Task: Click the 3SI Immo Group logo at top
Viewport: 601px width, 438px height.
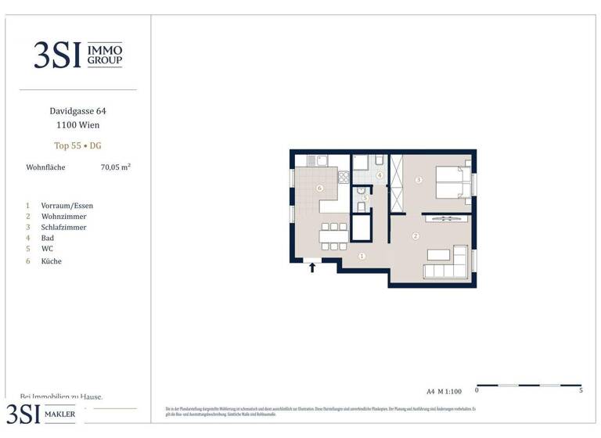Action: [77, 55]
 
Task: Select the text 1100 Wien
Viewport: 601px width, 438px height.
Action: [77, 125]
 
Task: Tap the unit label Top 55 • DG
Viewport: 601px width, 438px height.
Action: [77, 145]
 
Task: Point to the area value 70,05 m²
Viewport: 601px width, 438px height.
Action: [115, 167]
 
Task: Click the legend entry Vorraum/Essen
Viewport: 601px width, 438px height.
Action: [67, 206]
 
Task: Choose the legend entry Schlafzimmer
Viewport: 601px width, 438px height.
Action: [63, 228]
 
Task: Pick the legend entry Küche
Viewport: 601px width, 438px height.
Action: [51, 261]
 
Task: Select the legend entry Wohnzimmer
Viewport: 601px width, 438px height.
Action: [63, 217]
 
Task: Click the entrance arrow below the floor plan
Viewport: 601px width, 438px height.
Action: [312, 267]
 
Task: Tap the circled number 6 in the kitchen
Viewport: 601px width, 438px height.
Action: [319, 188]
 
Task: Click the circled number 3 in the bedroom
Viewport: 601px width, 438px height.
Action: [419, 181]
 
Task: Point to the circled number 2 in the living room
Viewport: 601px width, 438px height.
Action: [416, 235]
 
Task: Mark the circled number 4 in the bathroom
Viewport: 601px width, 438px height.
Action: [380, 175]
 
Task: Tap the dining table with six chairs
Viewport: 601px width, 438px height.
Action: [333, 235]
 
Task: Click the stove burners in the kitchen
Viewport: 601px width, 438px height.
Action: [343, 177]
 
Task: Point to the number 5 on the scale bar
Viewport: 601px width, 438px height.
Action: [581, 390]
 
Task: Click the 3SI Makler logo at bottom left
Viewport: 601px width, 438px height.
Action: [43, 414]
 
